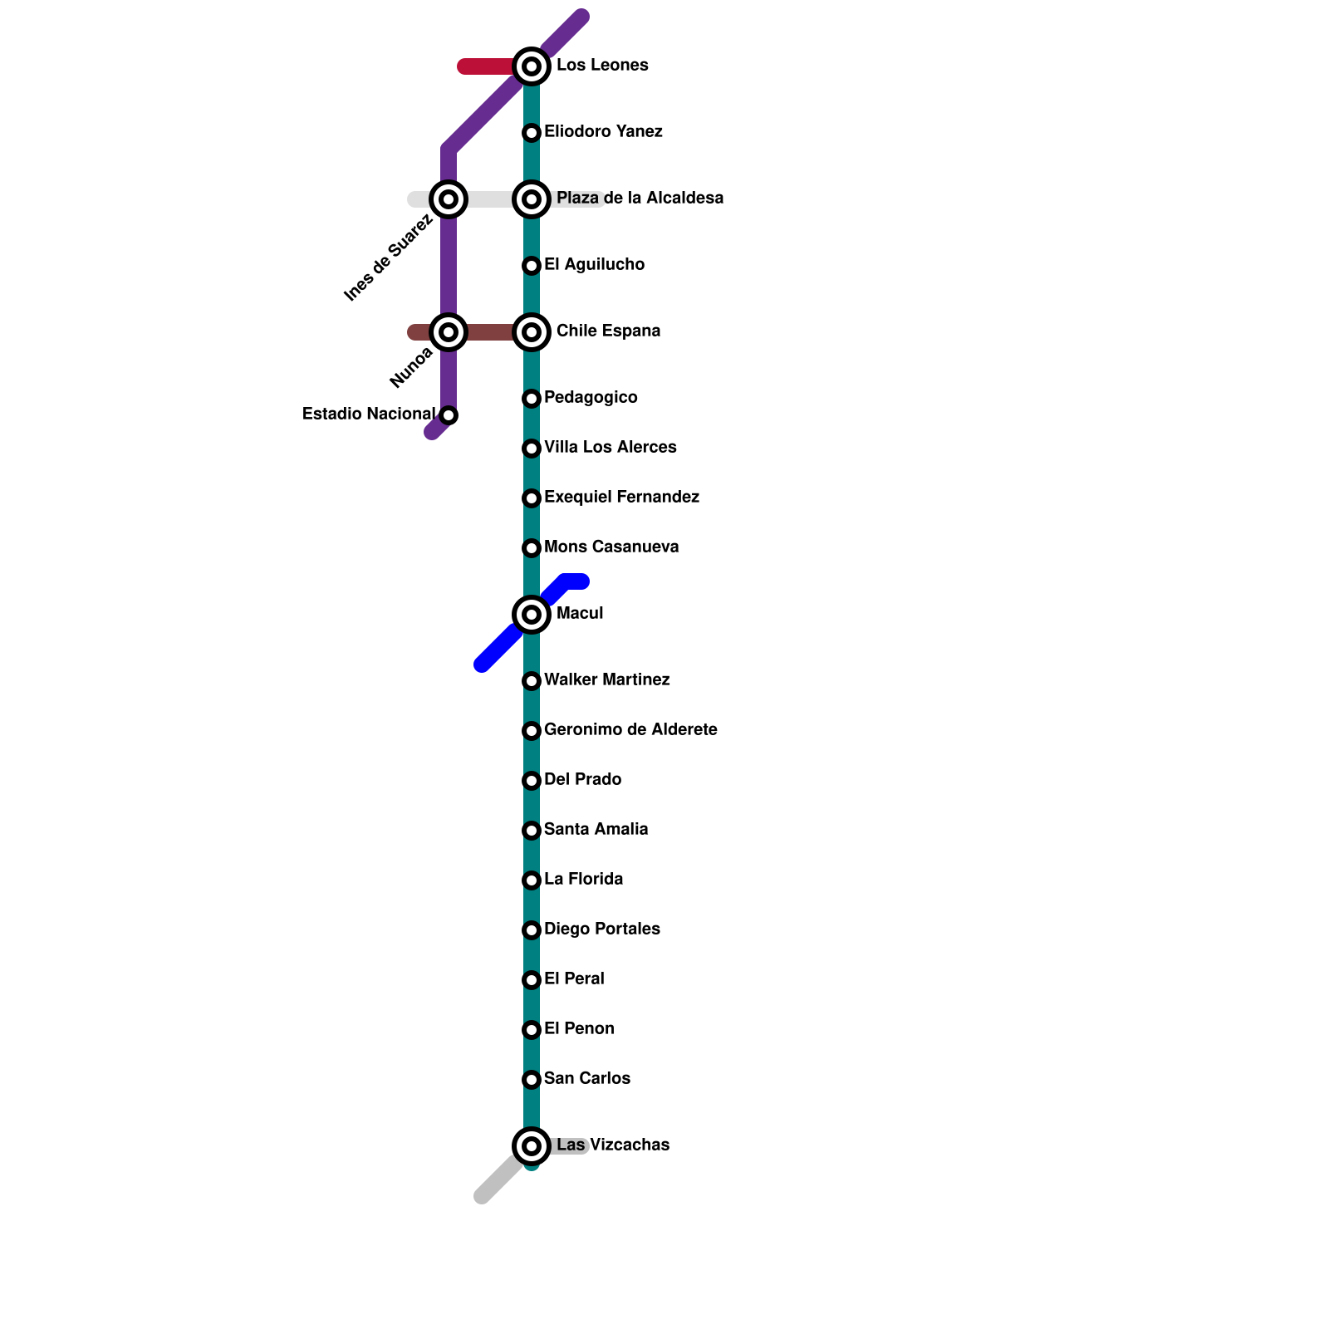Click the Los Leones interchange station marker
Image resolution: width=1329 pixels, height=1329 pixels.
(532, 66)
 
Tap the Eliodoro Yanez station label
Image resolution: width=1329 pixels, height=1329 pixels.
(603, 132)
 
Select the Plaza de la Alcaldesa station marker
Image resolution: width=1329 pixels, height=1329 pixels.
(532, 199)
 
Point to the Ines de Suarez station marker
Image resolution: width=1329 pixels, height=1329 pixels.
(449, 199)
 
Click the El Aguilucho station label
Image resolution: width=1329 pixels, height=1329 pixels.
(594, 265)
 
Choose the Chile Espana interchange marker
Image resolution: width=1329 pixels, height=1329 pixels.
(532, 332)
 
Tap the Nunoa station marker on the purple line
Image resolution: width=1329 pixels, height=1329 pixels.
(449, 332)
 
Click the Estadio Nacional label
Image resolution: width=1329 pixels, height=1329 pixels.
(368, 414)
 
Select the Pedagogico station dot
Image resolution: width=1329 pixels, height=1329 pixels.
(532, 399)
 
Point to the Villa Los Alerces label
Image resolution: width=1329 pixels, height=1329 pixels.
(610, 448)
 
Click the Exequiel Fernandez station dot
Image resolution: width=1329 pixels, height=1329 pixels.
(532, 498)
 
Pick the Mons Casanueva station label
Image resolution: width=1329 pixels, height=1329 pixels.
(611, 547)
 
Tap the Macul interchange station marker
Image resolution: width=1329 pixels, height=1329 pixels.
(532, 615)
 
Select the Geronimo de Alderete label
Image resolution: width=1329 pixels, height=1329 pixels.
(630, 730)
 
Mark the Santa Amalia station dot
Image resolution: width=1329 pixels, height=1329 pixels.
(532, 831)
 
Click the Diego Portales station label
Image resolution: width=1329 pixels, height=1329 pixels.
(601, 929)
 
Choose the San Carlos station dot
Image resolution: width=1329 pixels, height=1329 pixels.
(532, 1080)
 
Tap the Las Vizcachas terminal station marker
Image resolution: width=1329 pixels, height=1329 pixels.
(532, 1146)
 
